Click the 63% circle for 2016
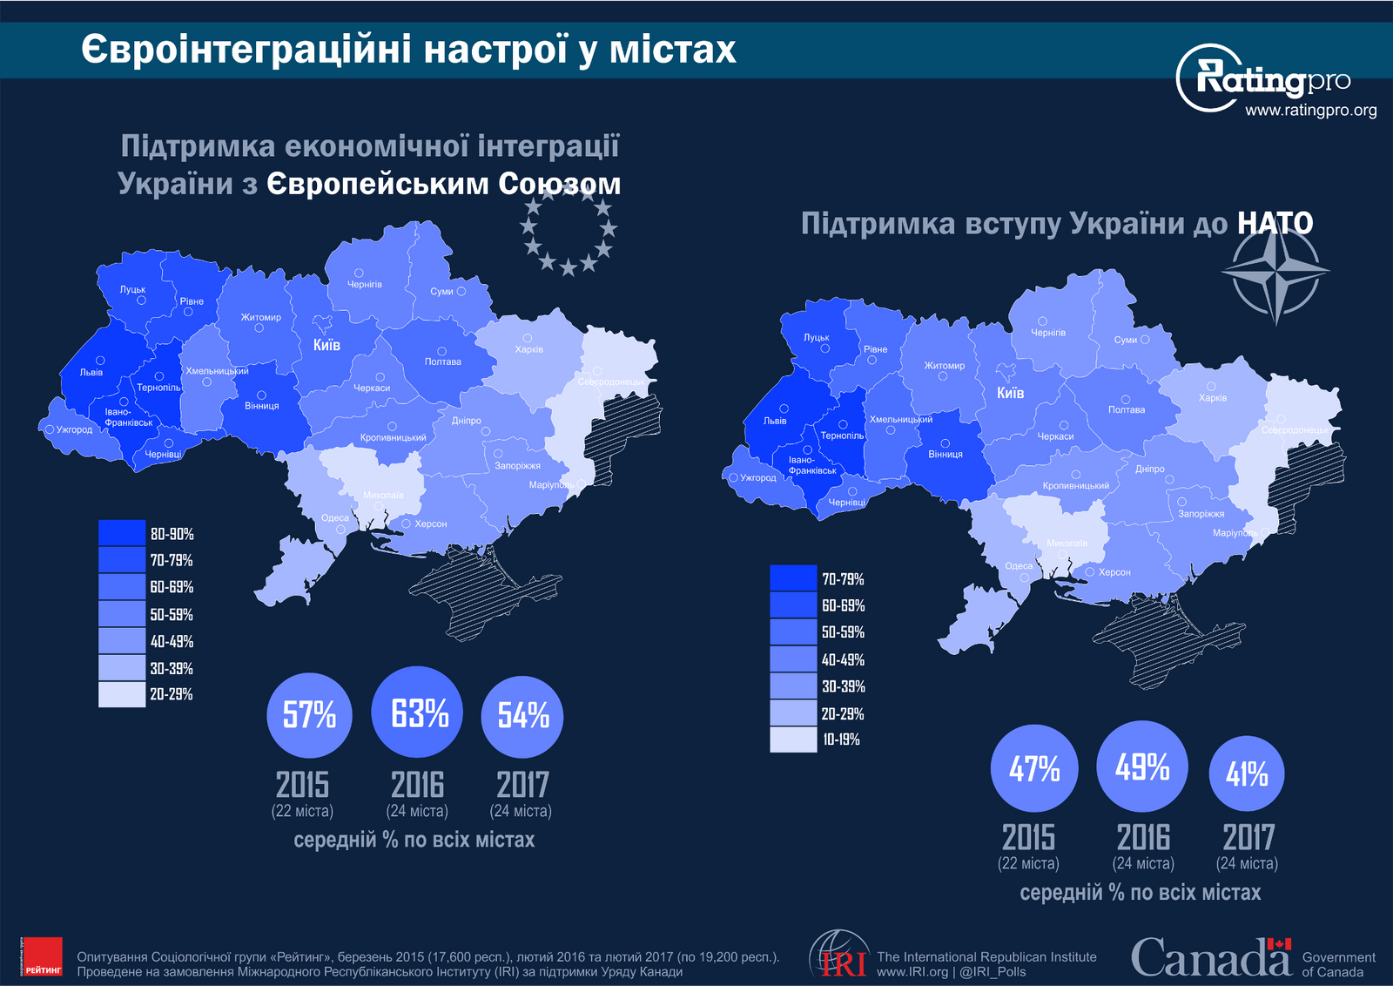click(x=418, y=712)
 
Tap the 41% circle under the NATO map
click(x=1247, y=773)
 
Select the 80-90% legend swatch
click(x=121, y=533)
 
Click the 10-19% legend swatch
click(x=793, y=739)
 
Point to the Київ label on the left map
click(x=326, y=345)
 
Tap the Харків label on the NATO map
click(x=1212, y=397)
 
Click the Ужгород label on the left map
click(x=74, y=429)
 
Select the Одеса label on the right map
click(x=1018, y=566)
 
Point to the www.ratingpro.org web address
click(x=1310, y=111)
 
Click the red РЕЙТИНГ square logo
click(x=42, y=956)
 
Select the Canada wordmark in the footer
click(x=1210, y=957)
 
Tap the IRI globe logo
click(x=839, y=955)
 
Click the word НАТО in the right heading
click(x=1275, y=224)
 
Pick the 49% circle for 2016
click(x=1142, y=767)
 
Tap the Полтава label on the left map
click(x=442, y=361)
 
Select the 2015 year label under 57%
click(x=302, y=785)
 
